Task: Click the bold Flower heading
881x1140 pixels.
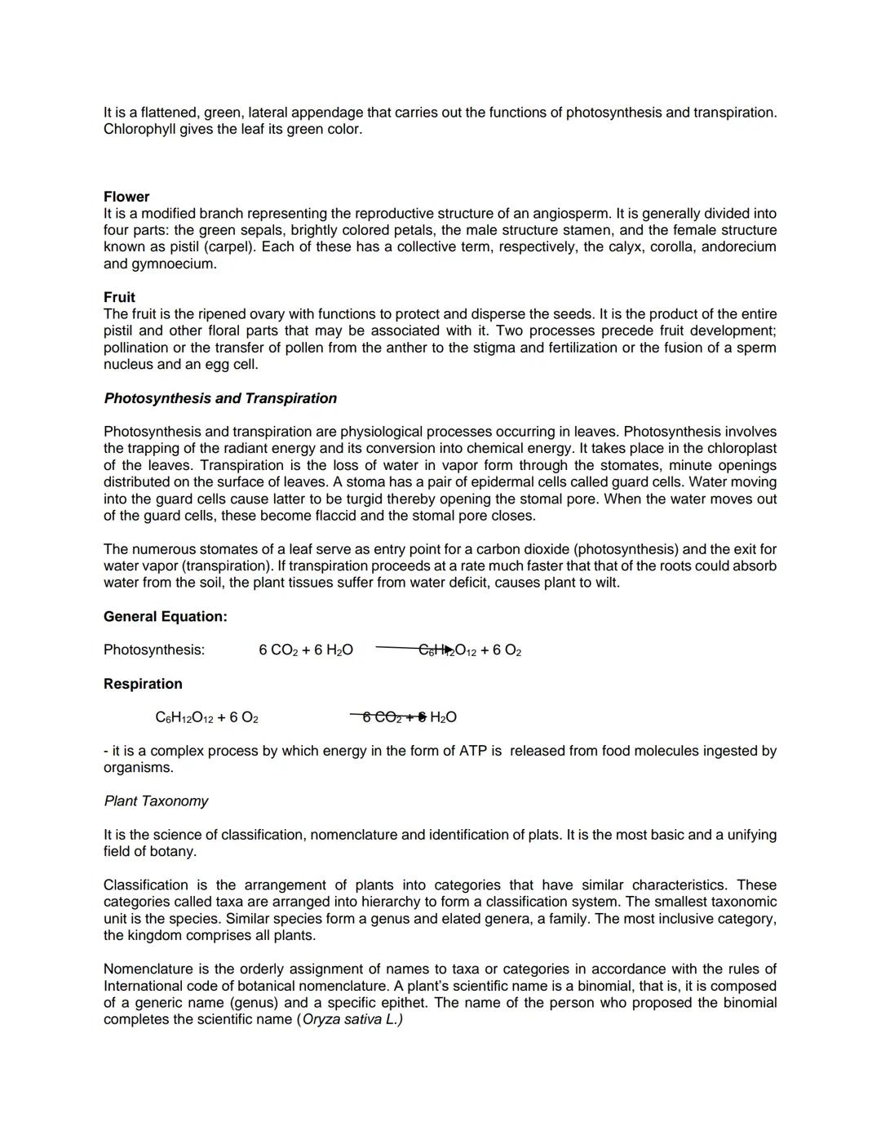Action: (126, 197)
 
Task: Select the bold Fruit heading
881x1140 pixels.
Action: (119, 297)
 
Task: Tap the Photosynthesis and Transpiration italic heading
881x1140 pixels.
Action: (220, 398)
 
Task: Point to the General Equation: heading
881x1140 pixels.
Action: (165, 616)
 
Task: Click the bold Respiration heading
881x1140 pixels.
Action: (143, 684)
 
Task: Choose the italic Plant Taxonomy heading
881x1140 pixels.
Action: (156, 801)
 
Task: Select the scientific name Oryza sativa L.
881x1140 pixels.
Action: (352, 1019)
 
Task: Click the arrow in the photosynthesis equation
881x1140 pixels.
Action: (405, 649)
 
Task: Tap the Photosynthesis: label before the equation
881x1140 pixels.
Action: (154, 650)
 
